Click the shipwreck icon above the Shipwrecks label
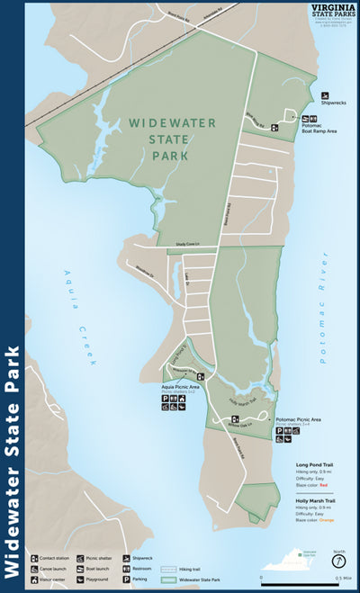327,94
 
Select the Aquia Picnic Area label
180,387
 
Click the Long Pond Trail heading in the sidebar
316,465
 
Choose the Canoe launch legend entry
52,568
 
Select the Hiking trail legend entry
180,569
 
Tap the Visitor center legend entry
51,579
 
